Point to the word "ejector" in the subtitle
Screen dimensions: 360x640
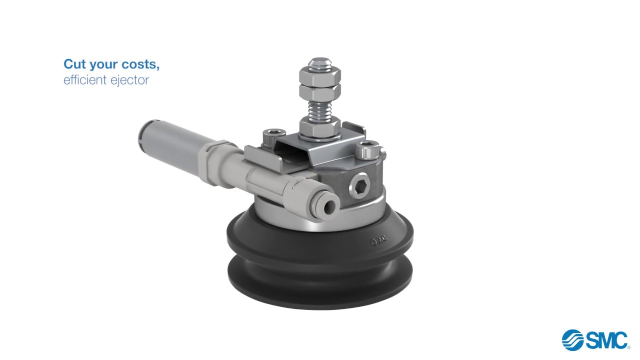(x=130, y=80)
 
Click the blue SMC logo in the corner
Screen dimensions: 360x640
(x=595, y=340)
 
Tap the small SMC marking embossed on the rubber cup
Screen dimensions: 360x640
(x=378, y=242)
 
